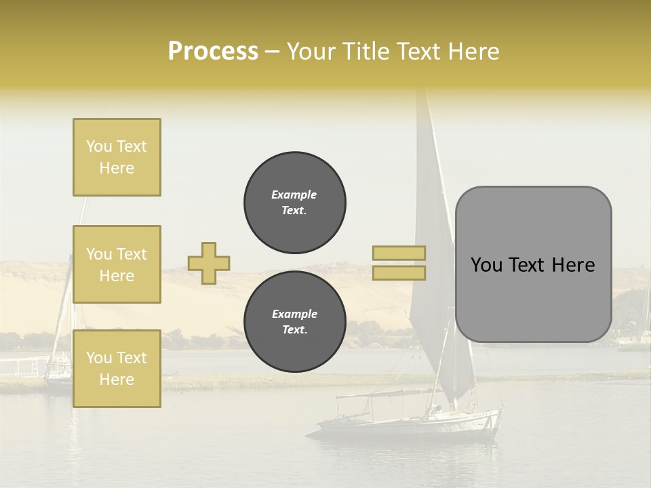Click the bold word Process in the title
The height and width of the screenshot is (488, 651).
pos(213,52)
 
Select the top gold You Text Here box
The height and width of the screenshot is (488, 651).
pos(117,157)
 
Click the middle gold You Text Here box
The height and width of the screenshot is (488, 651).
pos(117,264)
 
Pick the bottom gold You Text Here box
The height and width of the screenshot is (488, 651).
pos(117,369)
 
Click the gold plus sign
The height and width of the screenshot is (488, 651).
pos(209,263)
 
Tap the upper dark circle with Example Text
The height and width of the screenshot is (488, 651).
pos(295,202)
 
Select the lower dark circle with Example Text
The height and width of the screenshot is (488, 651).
pos(295,321)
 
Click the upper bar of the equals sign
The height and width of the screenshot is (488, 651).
pos(399,253)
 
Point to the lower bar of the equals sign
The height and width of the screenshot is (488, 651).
pos(399,272)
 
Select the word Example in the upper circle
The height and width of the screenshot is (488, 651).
pos(294,195)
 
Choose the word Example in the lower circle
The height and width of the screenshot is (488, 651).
pos(294,314)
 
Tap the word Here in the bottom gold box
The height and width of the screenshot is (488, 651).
pos(117,380)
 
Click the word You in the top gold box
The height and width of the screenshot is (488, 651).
pos(99,146)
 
